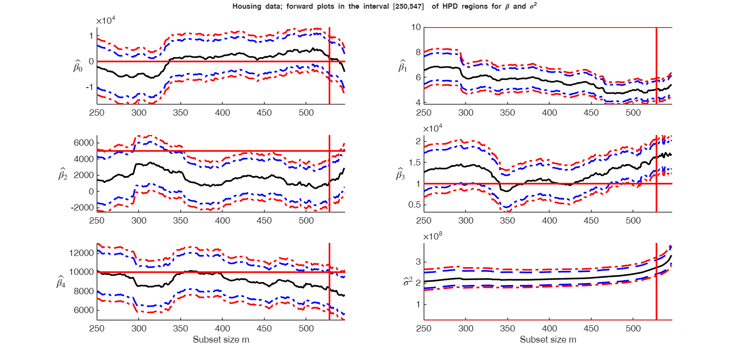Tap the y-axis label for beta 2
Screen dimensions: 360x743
pyautogui.click(x=63, y=175)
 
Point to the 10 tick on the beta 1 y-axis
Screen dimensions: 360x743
pyautogui.click(x=415, y=28)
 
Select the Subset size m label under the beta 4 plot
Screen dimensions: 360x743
pyautogui.click(x=221, y=340)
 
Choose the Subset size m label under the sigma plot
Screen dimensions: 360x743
pyautogui.click(x=548, y=340)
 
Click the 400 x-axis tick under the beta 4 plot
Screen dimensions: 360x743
pyautogui.click(x=222, y=328)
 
